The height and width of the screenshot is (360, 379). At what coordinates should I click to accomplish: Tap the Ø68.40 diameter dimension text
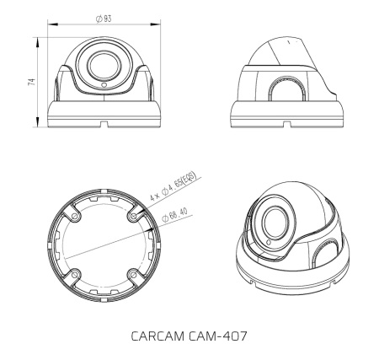coord(175,210)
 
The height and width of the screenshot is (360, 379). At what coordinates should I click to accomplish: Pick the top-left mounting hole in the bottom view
coord(77,215)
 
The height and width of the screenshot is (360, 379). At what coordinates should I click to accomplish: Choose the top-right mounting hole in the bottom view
coord(133,215)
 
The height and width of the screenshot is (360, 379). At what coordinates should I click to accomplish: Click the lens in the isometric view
coord(272,223)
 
